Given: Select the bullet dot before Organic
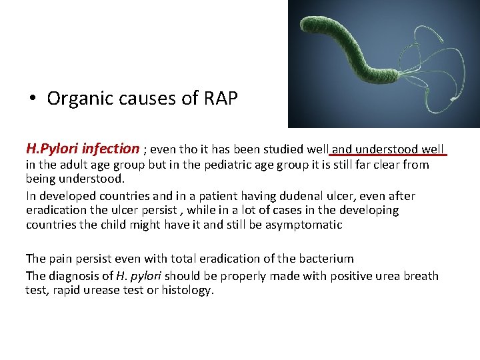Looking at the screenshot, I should tap(32, 99).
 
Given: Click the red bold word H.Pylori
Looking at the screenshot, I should tap(51, 148).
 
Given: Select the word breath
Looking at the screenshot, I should tap(421, 275).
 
